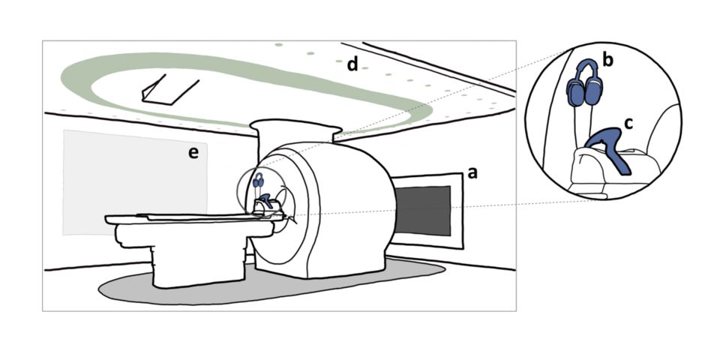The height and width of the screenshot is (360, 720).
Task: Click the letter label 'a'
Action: click(472, 172)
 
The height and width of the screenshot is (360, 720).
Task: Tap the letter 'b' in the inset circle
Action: click(607, 61)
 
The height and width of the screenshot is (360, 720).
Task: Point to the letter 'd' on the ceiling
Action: click(352, 65)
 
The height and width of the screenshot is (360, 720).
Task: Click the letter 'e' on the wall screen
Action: click(193, 153)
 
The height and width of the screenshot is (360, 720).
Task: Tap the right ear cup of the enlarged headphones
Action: click(598, 91)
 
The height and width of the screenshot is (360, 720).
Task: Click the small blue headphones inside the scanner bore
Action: click(259, 180)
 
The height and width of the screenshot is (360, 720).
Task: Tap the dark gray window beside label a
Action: click(424, 211)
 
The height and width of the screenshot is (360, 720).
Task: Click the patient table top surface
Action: click(180, 219)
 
